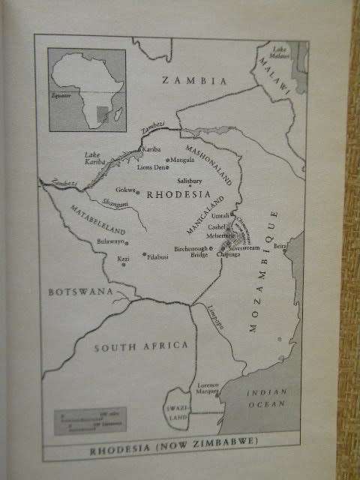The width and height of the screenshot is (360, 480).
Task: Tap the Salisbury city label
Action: (x=190, y=181)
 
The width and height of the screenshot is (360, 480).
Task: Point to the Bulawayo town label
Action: (x=110, y=241)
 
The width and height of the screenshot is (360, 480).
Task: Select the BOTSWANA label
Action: (x=80, y=291)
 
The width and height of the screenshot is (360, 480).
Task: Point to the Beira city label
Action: (x=281, y=245)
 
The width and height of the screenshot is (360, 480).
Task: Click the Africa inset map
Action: (x=87, y=91)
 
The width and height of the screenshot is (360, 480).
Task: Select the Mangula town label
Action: (x=182, y=160)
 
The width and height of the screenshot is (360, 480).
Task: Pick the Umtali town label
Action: (x=220, y=215)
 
